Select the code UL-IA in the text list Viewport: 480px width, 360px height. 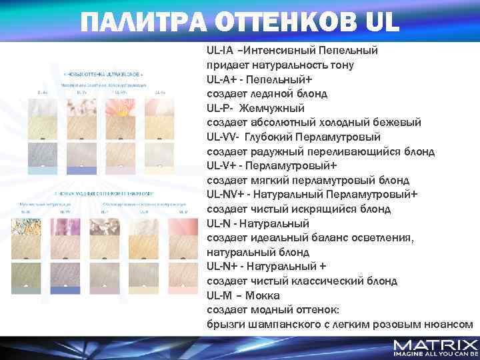point(221,51)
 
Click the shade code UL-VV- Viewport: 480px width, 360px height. point(223,137)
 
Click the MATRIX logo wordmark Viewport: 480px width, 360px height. point(435,345)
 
